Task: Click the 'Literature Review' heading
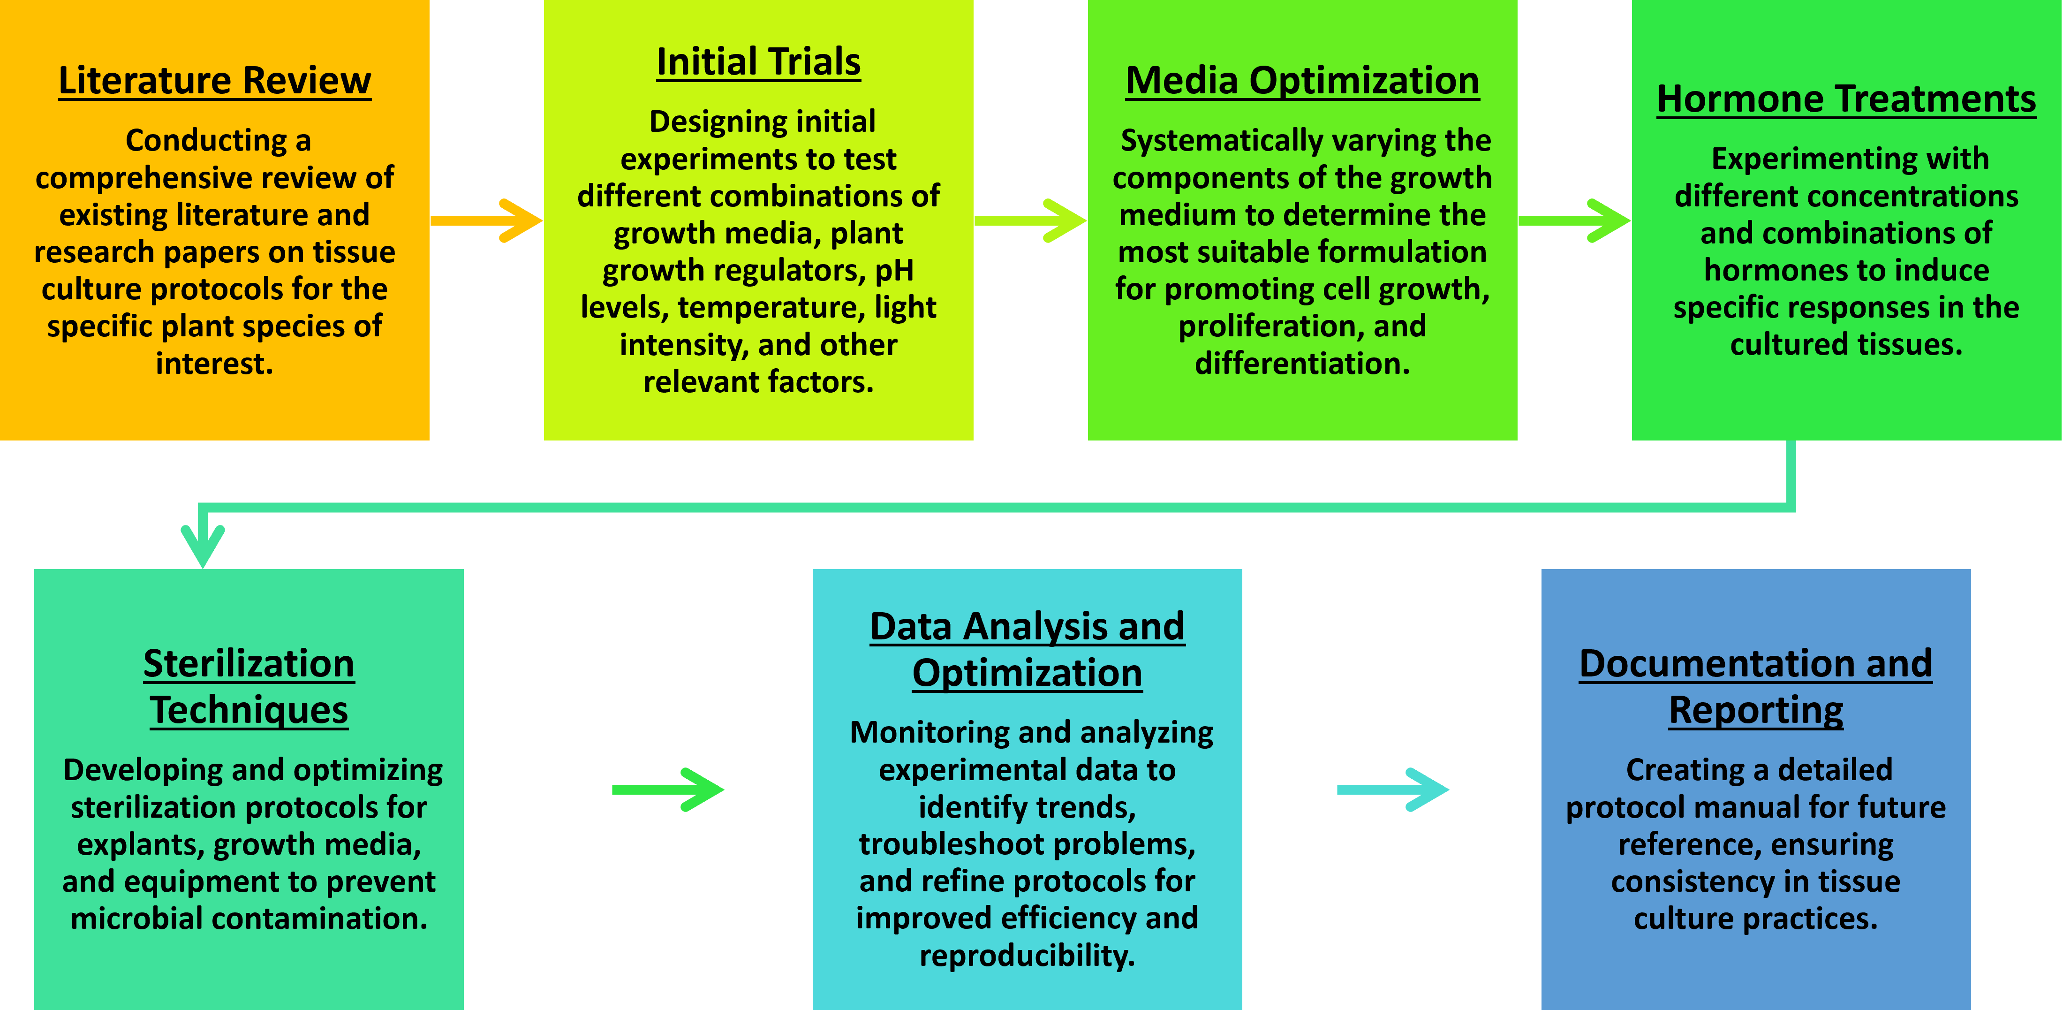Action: pos(215,81)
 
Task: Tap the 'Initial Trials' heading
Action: pos(758,62)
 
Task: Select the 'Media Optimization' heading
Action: pos(1302,81)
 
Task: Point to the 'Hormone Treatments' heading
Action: pos(1846,99)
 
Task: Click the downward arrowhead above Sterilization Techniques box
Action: pos(203,545)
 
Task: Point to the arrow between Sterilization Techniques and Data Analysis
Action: pos(667,790)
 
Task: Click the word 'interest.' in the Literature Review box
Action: pos(215,364)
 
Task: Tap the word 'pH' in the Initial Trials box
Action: pos(894,271)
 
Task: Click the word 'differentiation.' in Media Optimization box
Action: pos(1302,364)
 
